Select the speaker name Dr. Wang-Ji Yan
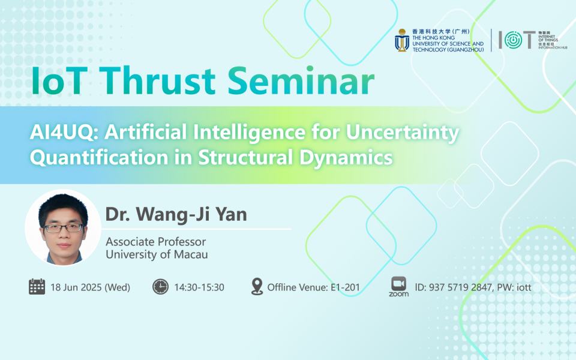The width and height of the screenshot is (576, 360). (176, 214)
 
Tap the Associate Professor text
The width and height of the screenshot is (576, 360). (155, 242)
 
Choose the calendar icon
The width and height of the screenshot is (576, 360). (37, 286)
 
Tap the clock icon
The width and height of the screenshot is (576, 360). (160, 287)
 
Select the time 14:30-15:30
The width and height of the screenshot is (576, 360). (199, 287)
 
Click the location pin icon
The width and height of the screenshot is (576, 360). (257, 286)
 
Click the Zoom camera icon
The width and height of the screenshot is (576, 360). (398, 283)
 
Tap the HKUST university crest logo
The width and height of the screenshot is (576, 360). (401, 41)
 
